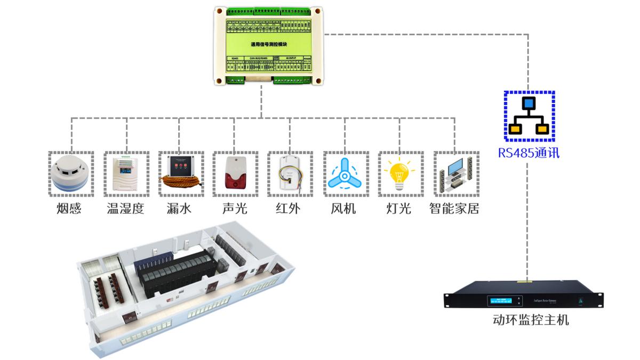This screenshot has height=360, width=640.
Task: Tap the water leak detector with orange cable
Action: point(180,174)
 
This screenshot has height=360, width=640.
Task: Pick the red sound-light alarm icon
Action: point(235,174)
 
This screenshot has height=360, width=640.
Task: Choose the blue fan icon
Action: point(345,174)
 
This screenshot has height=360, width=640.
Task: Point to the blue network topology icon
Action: point(529,115)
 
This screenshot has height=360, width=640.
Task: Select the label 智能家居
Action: point(454,209)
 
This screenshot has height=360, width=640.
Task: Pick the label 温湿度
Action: point(126,209)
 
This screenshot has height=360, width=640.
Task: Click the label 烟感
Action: point(69,209)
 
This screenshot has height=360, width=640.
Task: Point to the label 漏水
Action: point(179,209)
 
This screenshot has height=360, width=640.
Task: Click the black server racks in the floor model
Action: point(176,269)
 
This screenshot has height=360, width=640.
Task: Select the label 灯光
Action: point(398,209)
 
